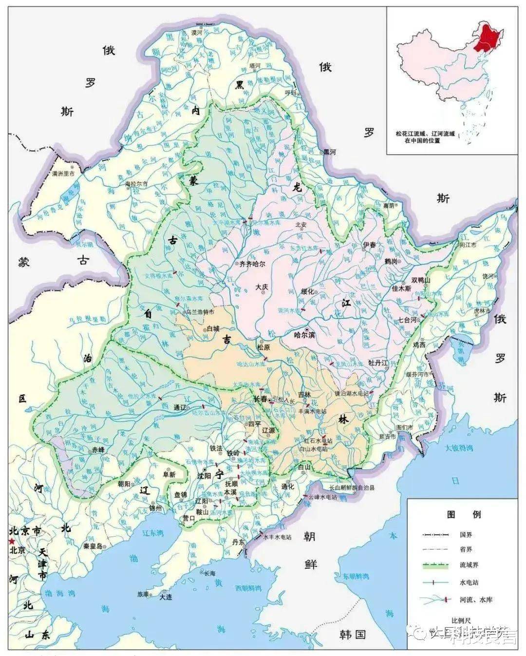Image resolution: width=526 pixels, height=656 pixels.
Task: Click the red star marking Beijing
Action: [x=11, y=541]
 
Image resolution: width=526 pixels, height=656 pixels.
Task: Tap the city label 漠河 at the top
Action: [x=197, y=32]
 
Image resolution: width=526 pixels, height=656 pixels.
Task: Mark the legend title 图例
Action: [x=457, y=514]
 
